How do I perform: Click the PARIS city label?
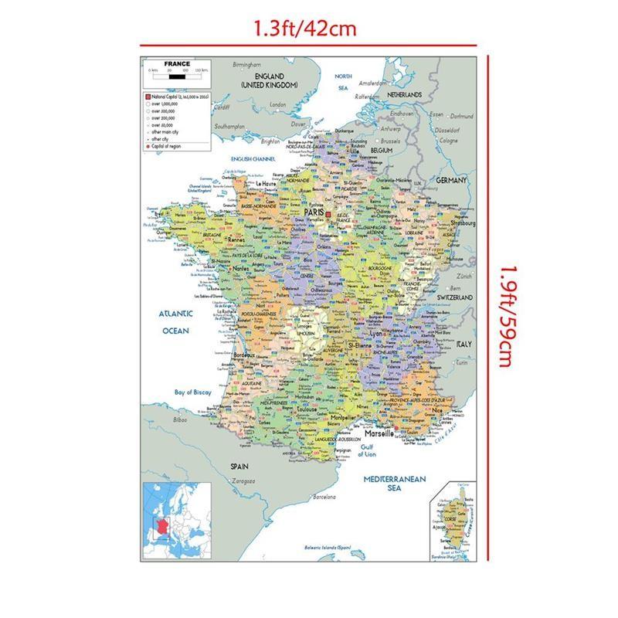point(313,211)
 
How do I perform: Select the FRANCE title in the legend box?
point(177,64)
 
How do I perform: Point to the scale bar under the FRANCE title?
point(177,77)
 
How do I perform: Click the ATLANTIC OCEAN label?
point(175,322)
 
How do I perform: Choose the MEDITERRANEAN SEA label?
point(395,484)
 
